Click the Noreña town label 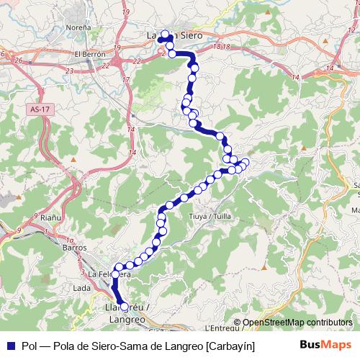(78, 26)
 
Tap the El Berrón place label (90, 53)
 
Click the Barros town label (74, 246)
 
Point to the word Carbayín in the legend (230, 346)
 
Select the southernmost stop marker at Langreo (125, 307)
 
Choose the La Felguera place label (109, 274)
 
